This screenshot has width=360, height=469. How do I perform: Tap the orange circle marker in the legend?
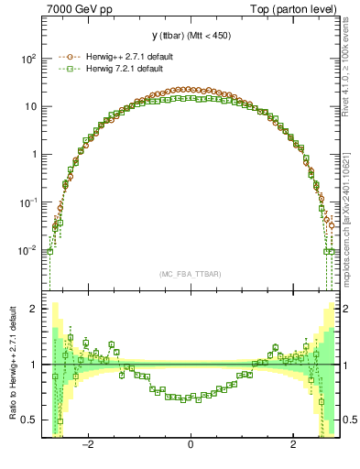click(x=63, y=57)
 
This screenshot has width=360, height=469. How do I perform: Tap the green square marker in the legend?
click(x=63, y=71)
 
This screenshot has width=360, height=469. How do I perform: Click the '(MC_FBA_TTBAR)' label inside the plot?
click(x=191, y=274)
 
